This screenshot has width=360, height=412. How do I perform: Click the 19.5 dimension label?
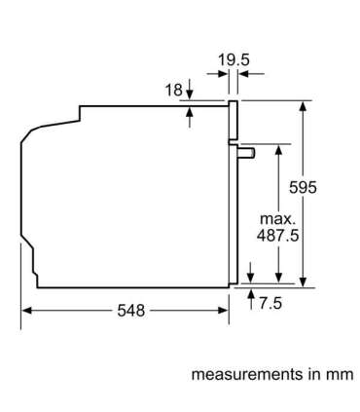click(x=234, y=60)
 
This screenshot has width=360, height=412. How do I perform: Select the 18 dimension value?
click(x=174, y=90)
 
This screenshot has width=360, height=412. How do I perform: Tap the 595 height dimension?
click(x=303, y=187)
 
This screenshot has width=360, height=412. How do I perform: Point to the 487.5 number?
click(x=277, y=236)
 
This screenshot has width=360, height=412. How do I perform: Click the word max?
click(x=278, y=219)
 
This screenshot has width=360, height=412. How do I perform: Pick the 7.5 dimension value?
click(x=270, y=303)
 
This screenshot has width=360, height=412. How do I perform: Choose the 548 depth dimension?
click(x=131, y=311)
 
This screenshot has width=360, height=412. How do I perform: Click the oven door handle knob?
click(x=246, y=153)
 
